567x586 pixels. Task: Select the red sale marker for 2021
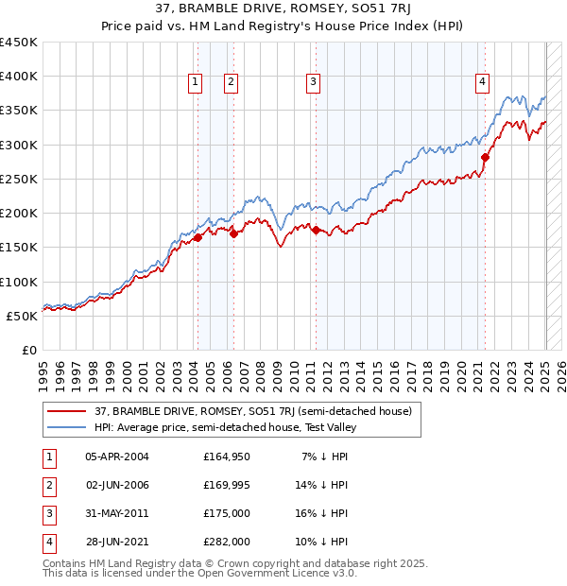tap(485, 158)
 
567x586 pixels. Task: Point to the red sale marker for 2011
tap(316, 230)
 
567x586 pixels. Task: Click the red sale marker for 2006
tap(233, 233)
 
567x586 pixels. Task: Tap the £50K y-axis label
tap(23, 316)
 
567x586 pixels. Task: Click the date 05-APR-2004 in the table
tap(117, 457)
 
